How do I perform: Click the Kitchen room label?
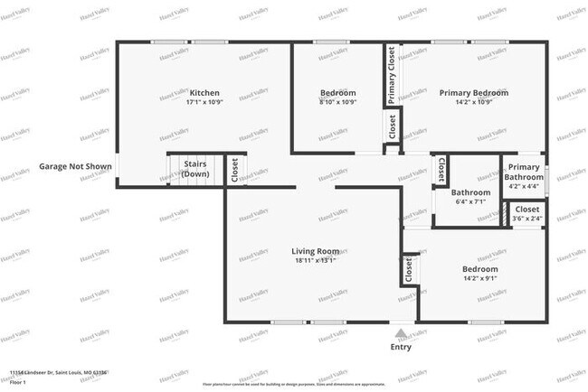coord(204,92)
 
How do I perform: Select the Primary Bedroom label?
coord(473,92)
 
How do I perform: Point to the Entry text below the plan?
coord(400,347)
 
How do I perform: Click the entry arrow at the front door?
coord(401,333)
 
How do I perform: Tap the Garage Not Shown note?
coord(75,166)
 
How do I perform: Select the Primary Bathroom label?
coord(524,173)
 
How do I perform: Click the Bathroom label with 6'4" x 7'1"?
coord(470,191)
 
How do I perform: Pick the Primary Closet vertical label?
coord(392,76)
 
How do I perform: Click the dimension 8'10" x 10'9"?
coord(338,102)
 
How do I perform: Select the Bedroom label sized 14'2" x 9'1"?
coord(480,269)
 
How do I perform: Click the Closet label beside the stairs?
coord(234,171)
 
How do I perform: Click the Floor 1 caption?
coord(19,383)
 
